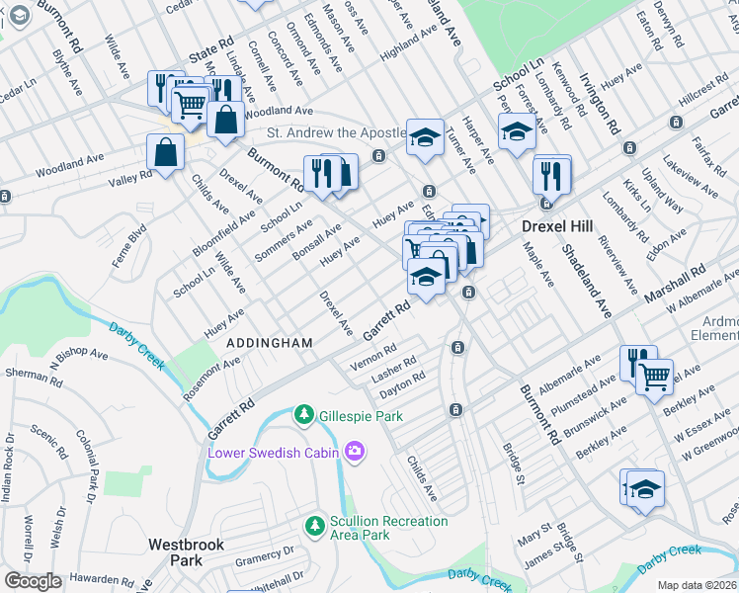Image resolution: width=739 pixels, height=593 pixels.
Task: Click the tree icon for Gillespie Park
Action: (x=305, y=415)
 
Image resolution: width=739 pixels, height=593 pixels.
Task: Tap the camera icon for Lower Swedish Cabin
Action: (x=354, y=453)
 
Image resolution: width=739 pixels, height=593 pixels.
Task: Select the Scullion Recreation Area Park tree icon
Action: (x=314, y=523)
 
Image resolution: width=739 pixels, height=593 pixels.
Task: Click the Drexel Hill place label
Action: (x=557, y=226)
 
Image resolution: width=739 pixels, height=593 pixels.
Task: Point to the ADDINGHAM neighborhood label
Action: (x=269, y=342)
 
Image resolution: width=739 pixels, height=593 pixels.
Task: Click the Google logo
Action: (x=33, y=581)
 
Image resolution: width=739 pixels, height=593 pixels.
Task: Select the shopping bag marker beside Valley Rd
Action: (x=165, y=153)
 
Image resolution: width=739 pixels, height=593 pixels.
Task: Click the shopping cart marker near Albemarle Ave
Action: (x=654, y=377)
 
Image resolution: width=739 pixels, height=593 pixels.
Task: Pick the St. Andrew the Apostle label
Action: (x=335, y=132)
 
